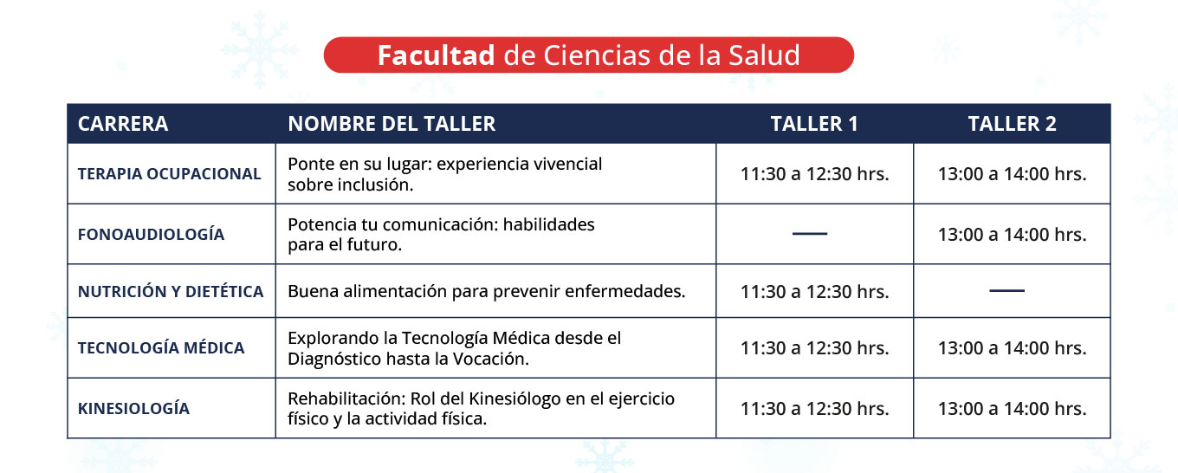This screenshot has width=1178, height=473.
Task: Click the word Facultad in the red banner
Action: tap(436, 55)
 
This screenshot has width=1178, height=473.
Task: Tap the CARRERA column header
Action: tap(123, 124)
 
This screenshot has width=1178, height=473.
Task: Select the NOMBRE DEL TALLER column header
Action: tap(392, 124)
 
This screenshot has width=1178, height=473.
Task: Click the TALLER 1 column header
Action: tap(814, 124)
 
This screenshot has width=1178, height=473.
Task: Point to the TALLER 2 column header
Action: tap(1012, 124)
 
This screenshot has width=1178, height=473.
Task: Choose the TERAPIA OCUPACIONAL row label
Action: tap(170, 173)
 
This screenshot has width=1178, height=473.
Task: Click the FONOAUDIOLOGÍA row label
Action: tap(151, 234)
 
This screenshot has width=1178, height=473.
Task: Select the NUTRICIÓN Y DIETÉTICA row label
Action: tap(171, 291)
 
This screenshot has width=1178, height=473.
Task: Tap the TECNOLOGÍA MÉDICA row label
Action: tap(161, 347)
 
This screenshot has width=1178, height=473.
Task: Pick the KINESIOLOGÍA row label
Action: tap(133, 408)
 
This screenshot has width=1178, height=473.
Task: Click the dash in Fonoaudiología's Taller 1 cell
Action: tap(810, 234)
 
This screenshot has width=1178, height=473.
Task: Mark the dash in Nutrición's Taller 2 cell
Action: tap(1007, 290)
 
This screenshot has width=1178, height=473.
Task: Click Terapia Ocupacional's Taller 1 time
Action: tap(814, 173)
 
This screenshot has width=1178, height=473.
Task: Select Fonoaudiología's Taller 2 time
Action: tap(1013, 234)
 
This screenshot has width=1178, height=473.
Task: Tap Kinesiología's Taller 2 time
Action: tap(1013, 408)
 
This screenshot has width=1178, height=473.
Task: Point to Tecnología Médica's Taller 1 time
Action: tap(814, 347)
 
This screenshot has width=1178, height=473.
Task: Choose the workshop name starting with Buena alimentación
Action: tap(487, 291)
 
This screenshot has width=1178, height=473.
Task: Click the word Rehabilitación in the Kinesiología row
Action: tap(346, 398)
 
